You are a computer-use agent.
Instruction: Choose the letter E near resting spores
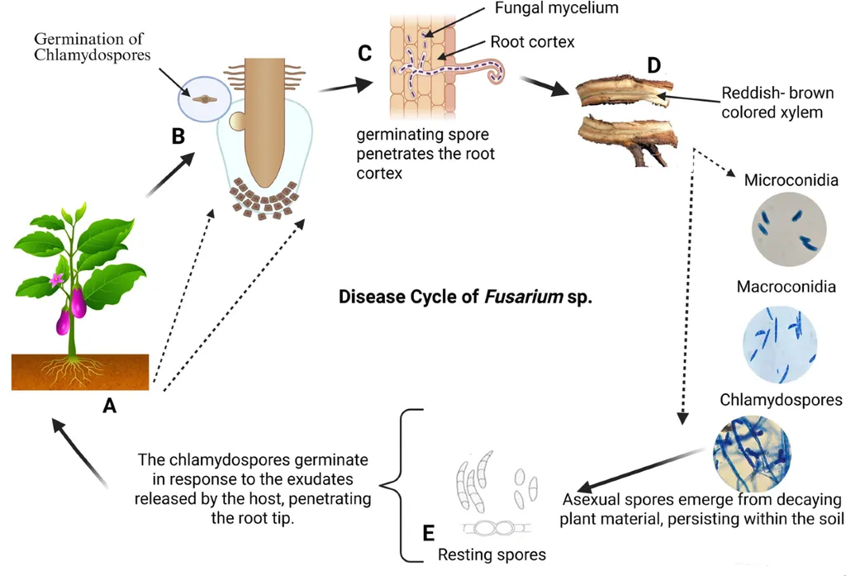[428, 532]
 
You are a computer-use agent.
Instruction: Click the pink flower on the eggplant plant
[56, 279]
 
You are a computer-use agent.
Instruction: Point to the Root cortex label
[530, 41]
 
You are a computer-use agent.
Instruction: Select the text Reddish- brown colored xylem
[777, 102]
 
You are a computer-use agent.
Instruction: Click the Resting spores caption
[492, 555]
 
